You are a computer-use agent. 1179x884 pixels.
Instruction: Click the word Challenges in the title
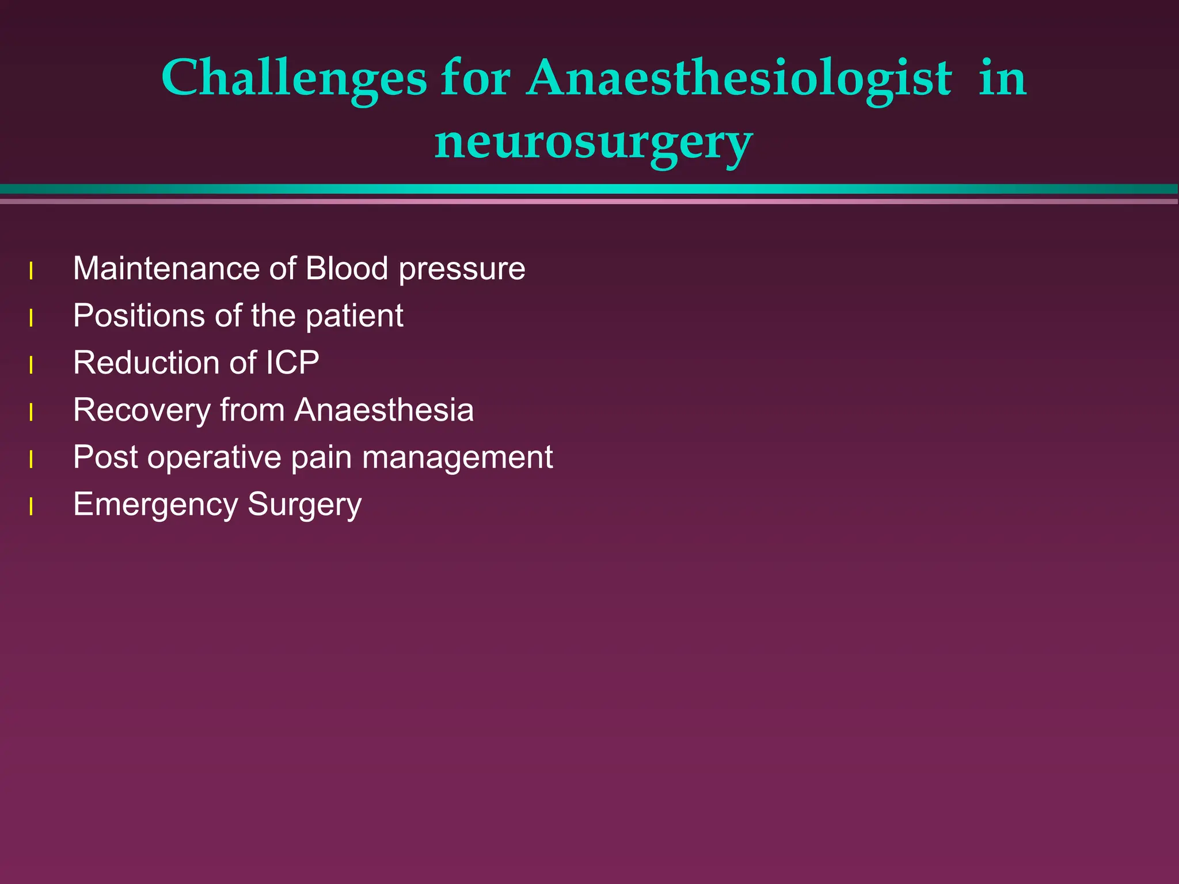tap(294, 78)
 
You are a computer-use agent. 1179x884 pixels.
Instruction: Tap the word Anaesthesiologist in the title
tap(739, 78)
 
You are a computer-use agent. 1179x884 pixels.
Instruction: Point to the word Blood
tap(347, 269)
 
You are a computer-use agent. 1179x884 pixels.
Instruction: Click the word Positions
tap(139, 316)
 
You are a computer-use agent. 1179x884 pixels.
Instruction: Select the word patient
tap(354, 316)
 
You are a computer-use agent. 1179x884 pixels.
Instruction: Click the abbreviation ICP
tap(292, 363)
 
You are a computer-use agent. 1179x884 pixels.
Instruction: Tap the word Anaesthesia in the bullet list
tap(384, 410)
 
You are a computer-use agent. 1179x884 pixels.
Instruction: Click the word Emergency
tap(155, 505)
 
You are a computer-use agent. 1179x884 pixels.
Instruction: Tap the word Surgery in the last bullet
tap(305, 505)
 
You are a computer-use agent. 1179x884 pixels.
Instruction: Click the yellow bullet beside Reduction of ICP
tap(31, 365)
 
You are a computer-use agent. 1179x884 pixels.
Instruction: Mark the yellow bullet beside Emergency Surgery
tap(31, 507)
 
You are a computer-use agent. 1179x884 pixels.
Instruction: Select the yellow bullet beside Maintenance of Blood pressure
tap(31, 271)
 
